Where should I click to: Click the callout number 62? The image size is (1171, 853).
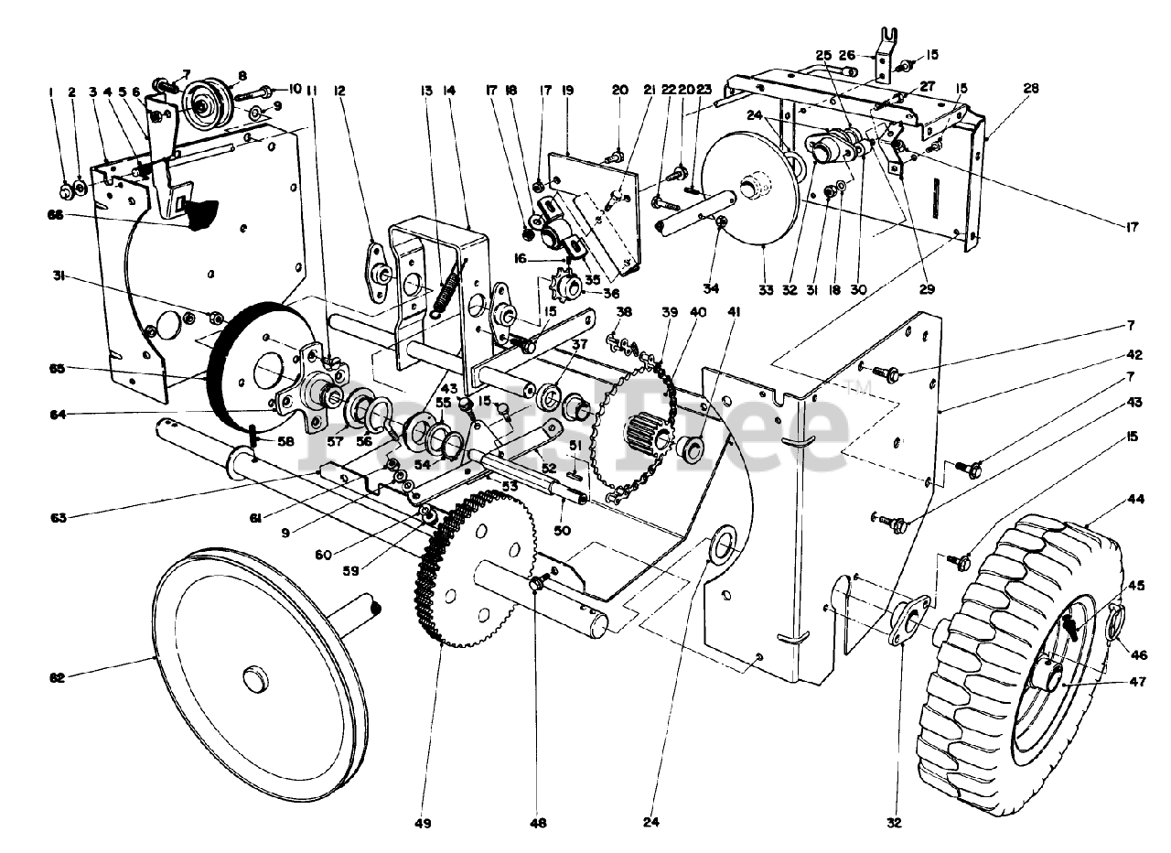pos(57,678)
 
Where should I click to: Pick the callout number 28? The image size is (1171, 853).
pos(1032,89)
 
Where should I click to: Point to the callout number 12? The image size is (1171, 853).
pos(340,90)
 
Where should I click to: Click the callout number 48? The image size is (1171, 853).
pos(538,823)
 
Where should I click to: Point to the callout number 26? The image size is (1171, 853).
pos(846,54)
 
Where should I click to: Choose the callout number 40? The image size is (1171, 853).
pos(700,311)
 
